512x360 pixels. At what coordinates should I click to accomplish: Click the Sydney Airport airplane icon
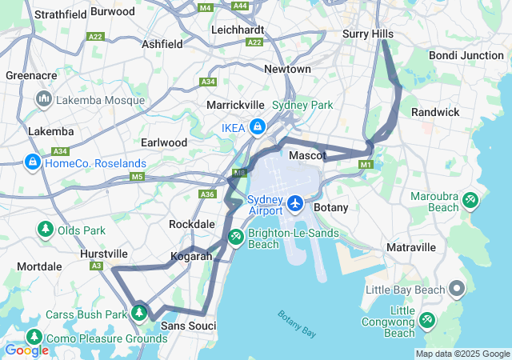click(295, 203)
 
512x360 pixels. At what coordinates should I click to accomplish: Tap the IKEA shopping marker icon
click(258, 126)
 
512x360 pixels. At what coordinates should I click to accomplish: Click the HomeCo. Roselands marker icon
click(32, 162)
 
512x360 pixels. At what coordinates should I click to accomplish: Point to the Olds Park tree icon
click(45, 230)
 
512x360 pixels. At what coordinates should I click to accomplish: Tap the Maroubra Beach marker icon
click(470, 199)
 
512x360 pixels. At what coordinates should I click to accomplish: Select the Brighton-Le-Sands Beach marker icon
click(236, 237)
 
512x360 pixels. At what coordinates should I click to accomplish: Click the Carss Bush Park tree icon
click(139, 313)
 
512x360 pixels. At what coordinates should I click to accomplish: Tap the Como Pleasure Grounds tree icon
click(34, 337)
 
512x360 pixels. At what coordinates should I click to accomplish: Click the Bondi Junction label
click(466, 55)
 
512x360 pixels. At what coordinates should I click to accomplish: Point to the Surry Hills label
click(368, 34)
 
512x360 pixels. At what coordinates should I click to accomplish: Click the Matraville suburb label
click(410, 247)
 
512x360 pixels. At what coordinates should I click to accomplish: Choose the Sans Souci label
click(189, 326)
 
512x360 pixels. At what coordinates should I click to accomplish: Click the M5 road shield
click(137, 176)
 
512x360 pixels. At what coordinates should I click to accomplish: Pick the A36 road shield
click(208, 194)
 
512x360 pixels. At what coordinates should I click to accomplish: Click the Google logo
click(26, 350)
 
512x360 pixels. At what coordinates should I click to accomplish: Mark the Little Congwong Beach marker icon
click(427, 320)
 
